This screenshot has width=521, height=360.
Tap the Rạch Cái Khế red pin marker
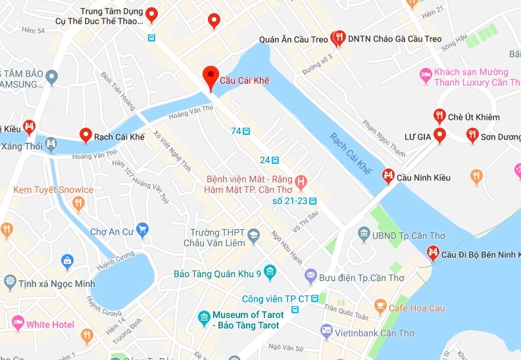pyautogui.click(x=86, y=135)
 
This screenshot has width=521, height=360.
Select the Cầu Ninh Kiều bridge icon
pyautogui.click(x=388, y=176)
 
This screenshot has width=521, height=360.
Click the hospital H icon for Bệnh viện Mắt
pyautogui.click(x=301, y=180)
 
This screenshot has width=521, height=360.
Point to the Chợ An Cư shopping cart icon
pyautogui.click(x=142, y=231)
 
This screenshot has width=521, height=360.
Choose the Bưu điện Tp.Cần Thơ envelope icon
pyautogui.click(x=310, y=276)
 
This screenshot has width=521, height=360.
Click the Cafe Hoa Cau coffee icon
pyautogui.click(x=380, y=306)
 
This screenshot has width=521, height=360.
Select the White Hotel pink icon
pyautogui.click(x=18, y=324)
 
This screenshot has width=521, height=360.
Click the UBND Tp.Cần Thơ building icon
pyautogui.click(x=364, y=234)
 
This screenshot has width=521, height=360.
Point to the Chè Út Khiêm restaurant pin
pyautogui.click(x=439, y=116)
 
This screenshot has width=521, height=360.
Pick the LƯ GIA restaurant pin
pyautogui.click(x=440, y=135)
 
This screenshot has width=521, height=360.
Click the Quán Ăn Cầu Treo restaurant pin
pyautogui.click(x=339, y=38)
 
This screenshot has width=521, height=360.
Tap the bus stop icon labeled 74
pyautogui.click(x=246, y=131)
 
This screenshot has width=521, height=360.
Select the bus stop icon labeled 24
pyautogui.click(x=276, y=160)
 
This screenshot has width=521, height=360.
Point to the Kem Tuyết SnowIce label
pyautogui.click(x=53, y=190)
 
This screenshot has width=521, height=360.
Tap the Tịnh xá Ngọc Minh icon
pyautogui.click(x=10, y=282)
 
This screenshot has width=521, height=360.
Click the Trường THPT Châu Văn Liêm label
pyautogui.click(x=217, y=238)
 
